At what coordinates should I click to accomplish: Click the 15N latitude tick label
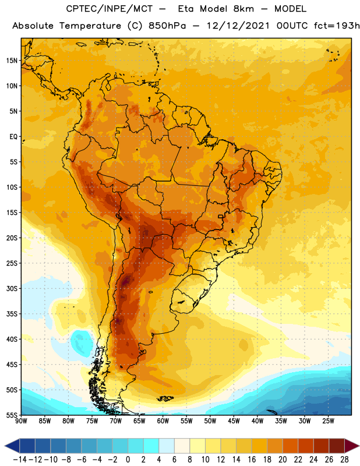click(x=12, y=61)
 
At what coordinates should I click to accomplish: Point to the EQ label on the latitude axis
click(x=13, y=137)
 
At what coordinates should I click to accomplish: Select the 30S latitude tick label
click(x=12, y=288)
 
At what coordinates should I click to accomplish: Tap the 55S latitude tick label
click(x=12, y=415)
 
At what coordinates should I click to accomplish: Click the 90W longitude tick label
click(x=21, y=421)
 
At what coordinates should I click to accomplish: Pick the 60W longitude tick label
click(x=163, y=421)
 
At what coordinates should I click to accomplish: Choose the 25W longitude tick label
click(x=329, y=421)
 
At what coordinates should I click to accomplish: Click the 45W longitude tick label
click(x=234, y=421)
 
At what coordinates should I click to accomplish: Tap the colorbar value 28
click(x=344, y=460)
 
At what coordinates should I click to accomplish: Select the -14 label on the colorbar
click(x=20, y=460)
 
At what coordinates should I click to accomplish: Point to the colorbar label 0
click(x=128, y=460)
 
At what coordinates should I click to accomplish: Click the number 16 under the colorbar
click(x=252, y=460)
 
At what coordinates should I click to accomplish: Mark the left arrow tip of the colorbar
click(x=5, y=446)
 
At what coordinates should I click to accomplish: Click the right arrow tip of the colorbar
click(x=359, y=446)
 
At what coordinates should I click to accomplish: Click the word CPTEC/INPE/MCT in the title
click(x=109, y=9)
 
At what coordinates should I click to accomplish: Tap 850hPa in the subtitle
click(x=167, y=26)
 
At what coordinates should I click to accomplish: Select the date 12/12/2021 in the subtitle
click(x=238, y=26)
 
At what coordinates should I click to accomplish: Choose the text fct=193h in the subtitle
click(x=337, y=26)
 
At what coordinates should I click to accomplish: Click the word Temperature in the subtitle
click(x=90, y=26)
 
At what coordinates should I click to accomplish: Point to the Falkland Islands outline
click(x=165, y=398)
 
